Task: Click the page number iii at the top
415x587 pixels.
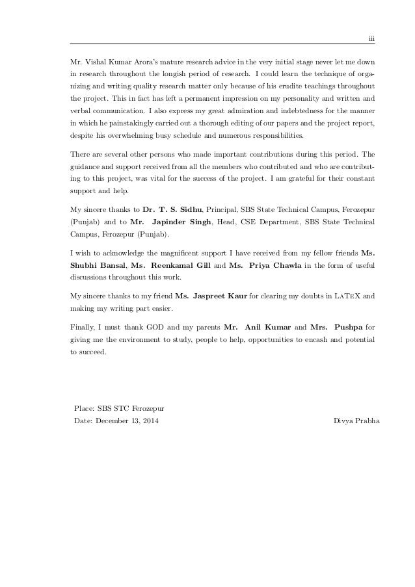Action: pos(371,39)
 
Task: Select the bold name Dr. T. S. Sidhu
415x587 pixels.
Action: pos(172,211)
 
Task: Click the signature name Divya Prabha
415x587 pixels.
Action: pos(357,421)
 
